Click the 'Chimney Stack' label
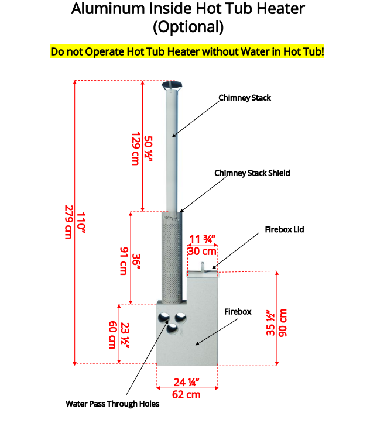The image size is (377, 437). pyautogui.click(x=245, y=98)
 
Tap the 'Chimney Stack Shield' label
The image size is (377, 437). pyautogui.click(x=252, y=173)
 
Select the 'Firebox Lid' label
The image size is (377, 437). pyautogui.click(x=285, y=229)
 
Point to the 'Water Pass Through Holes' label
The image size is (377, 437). pyautogui.click(x=112, y=404)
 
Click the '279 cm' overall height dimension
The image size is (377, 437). pyautogui.click(x=69, y=222)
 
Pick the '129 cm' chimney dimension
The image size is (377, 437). pyautogui.click(x=135, y=149)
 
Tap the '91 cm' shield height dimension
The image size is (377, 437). pyautogui.click(x=124, y=261)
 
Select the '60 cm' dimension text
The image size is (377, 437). pyautogui.click(x=112, y=335)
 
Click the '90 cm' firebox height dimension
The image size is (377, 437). pyautogui.click(x=283, y=323)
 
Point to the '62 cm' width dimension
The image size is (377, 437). pyautogui.click(x=186, y=395)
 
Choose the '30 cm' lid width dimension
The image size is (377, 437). pyautogui.click(x=202, y=252)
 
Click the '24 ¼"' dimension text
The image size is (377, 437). pyautogui.click(x=186, y=383)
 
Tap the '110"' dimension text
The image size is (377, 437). pyautogui.click(x=81, y=222)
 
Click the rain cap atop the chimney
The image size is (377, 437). pyautogui.click(x=172, y=85)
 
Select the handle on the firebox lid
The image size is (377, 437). pyautogui.click(x=203, y=267)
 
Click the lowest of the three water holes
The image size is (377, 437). pyautogui.click(x=172, y=329)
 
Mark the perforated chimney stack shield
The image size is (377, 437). pyautogui.click(x=172, y=256)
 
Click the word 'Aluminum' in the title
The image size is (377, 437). pyautogui.click(x=108, y=9)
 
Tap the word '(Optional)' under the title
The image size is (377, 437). pyautogui.click(x=188, y=27)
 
